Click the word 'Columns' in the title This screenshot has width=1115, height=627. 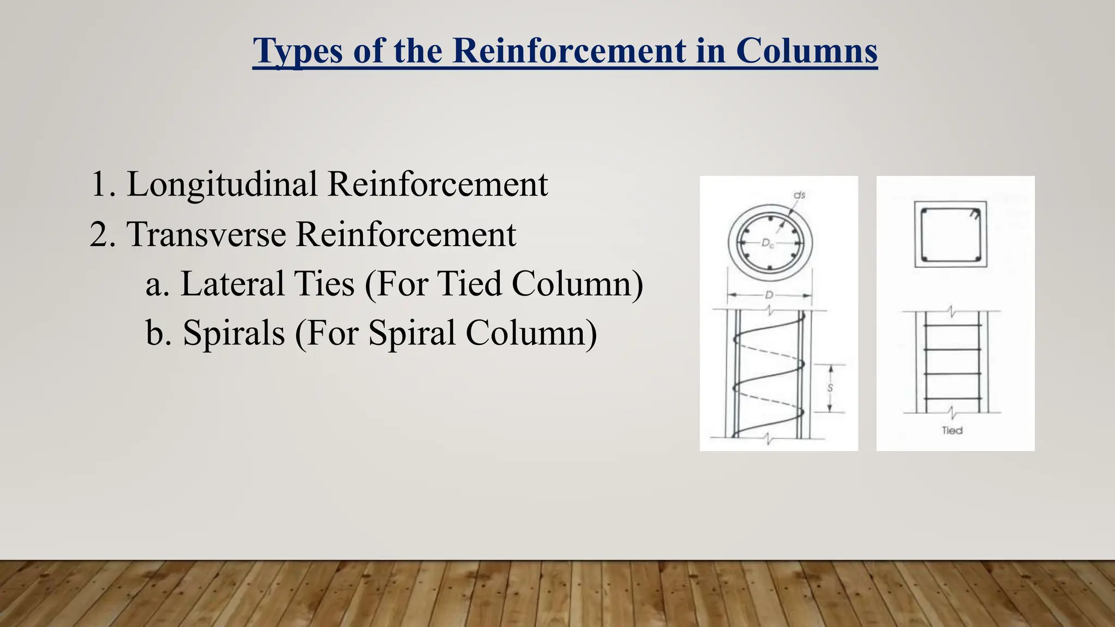(x=806, y=51)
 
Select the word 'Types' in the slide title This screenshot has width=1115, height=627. (x=298, y=52)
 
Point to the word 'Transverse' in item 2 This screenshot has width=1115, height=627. (x=206, y=235)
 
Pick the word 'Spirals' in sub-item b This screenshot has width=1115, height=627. (x=234, y=333)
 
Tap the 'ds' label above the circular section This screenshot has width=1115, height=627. (x=799, y=195)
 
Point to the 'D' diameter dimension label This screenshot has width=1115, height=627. (x=769, y=295)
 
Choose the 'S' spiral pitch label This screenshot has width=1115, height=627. (x=830, y=388)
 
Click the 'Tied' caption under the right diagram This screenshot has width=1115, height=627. (x=952, y=431)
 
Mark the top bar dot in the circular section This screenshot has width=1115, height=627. (x=770, y=219)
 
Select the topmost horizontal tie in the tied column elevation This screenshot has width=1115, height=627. (x=952, y=325)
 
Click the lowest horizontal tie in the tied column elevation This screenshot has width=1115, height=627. (x=952, y=398)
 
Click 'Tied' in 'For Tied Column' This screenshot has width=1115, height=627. (x=469, y=284)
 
